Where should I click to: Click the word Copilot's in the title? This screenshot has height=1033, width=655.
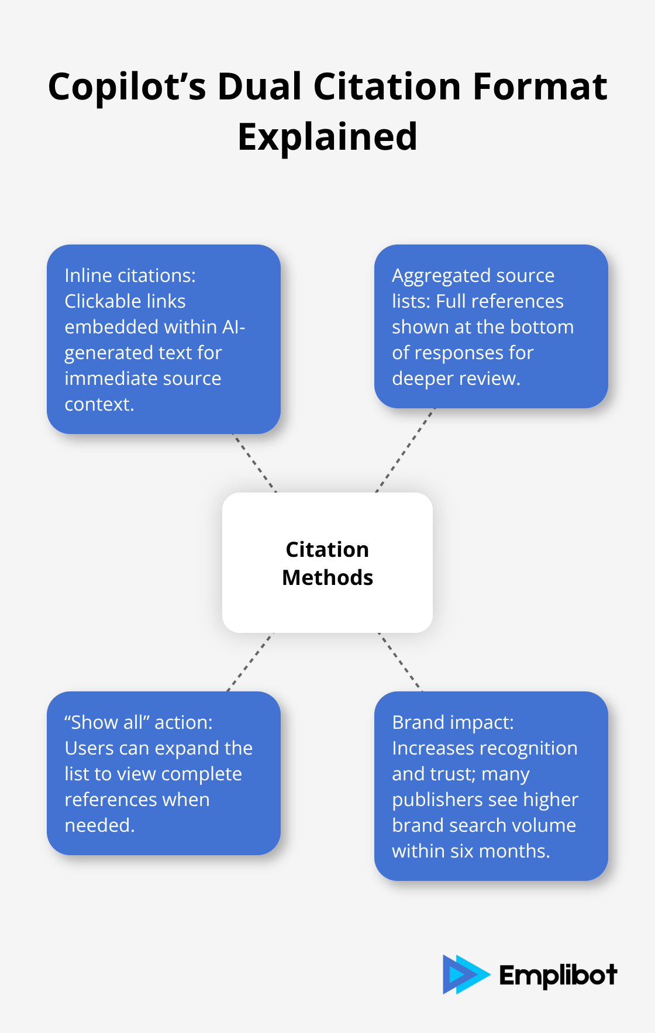coord(127,87)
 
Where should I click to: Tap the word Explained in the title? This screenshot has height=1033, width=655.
coord(327,137)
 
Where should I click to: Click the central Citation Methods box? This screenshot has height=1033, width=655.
coord(327,563)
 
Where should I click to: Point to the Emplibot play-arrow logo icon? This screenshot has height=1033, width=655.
coord(466,975)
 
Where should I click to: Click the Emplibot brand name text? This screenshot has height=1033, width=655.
coord(558,975)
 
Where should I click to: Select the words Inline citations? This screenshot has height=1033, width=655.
coord(130,276)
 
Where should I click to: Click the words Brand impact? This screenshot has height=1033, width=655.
coord(453,722)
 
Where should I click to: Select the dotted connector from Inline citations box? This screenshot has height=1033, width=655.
coord(254,463)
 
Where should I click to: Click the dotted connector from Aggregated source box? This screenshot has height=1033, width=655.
coord(405,450)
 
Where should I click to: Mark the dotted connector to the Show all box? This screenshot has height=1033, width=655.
coord(250,662)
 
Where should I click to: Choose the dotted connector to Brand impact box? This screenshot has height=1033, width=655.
coord(400,662)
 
